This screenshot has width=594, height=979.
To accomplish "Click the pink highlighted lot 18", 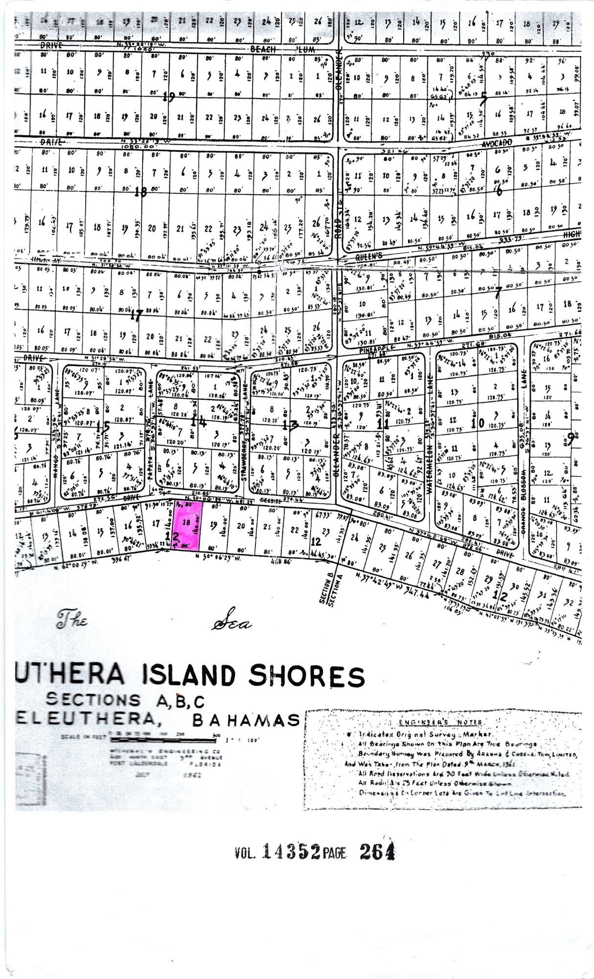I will coord(186,527).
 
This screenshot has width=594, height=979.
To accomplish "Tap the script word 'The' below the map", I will coord(72,621).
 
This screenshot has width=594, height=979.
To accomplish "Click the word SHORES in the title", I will coord(307,676).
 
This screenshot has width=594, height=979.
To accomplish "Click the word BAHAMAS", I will coord(246,720).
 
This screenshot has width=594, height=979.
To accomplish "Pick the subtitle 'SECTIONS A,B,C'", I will coord(125,701).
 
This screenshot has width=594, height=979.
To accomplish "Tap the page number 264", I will coord(377,852).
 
